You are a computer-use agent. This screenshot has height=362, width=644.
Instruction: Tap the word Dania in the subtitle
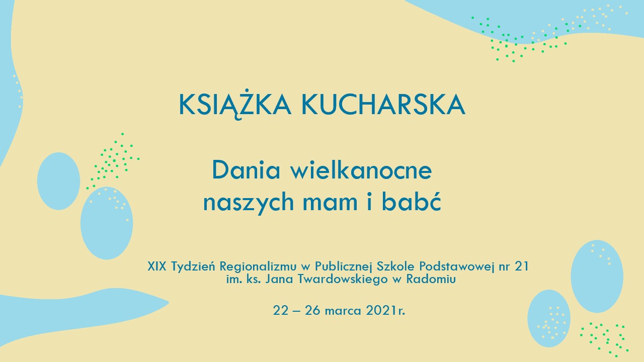(246, 170)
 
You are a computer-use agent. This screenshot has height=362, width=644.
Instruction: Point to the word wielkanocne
(361, 170)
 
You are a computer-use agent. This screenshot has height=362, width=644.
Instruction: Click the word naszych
(249, 203)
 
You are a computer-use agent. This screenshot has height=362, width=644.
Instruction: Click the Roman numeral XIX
(157, 266)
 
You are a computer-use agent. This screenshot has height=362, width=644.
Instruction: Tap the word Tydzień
(193, 267)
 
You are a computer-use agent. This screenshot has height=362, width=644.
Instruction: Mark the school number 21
(522, 266)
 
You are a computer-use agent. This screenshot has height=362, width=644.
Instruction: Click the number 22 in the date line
(281, 311)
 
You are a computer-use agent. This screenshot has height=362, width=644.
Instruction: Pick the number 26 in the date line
(312, 311)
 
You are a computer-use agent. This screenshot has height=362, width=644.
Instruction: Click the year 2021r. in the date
(385, 311)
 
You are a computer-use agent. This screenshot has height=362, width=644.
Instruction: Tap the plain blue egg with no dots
(59, 181)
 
